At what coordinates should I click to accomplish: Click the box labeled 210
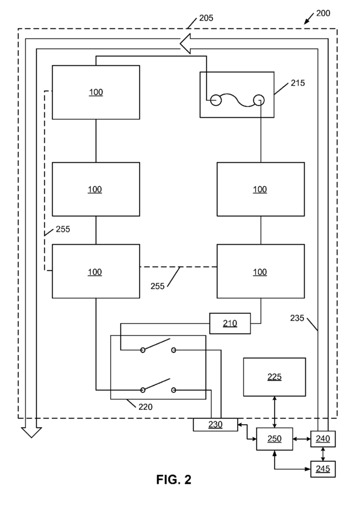230,323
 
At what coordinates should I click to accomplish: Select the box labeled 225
275,377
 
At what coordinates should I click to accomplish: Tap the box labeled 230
215,424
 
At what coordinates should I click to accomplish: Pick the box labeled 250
275,439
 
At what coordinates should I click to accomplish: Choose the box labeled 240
323,439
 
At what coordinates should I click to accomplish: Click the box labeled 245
323,469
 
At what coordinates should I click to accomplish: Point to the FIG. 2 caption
174,480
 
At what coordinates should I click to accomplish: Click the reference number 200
323,13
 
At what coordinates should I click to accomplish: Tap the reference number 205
206,18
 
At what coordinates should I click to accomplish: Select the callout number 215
298,83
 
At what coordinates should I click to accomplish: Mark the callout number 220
145,407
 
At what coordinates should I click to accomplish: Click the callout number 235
297,318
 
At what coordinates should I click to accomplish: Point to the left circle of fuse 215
216,100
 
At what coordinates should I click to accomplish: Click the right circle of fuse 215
259,100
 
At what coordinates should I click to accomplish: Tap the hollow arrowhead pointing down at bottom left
31,432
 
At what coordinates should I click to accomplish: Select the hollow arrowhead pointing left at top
185,44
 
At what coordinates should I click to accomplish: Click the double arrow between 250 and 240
302,439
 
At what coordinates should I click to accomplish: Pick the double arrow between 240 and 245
323,454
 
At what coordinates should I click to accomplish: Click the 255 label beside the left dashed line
63,229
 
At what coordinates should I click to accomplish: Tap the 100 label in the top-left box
96,92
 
